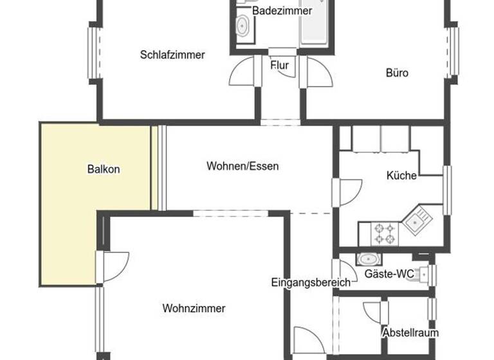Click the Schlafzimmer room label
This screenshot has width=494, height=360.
[172, 55]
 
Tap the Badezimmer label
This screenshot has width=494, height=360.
[282, 11]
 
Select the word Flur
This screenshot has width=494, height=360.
[279, 66]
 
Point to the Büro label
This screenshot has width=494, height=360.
[397, 73]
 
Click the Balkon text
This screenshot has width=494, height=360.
[104, 170]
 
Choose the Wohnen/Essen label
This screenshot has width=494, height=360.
[242, 166]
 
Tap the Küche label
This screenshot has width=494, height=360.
[401, 175]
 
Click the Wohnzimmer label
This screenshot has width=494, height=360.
[194, 309]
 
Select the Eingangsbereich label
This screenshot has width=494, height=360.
[311, 282]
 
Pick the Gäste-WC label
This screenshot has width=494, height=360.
[389, 274]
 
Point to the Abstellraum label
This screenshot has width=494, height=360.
[410, 333]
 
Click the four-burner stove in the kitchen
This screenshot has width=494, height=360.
[385, 233]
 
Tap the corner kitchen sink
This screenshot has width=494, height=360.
[416, 221]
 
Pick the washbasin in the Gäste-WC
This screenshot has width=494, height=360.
[368, 260]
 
